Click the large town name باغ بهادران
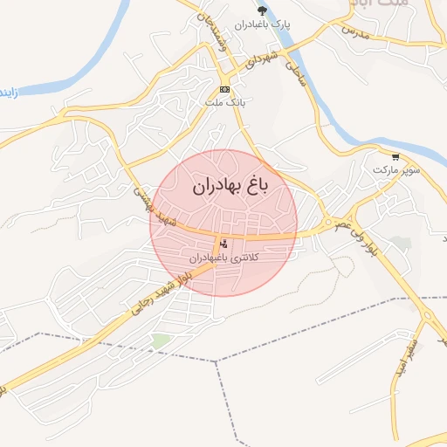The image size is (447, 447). click(225, 185)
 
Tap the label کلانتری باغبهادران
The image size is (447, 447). click(225, 258)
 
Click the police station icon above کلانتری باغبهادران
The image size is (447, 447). click(224, 244)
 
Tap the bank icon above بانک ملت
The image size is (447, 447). click(224, 90)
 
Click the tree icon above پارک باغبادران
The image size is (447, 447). click(262, 10)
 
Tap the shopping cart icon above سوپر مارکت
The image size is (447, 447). click(395, 158)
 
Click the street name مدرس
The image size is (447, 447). click(356, 31)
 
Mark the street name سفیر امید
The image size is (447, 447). click(409, 348)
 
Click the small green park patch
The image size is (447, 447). click(160, 340)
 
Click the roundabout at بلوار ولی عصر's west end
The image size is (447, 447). click(329, 223)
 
